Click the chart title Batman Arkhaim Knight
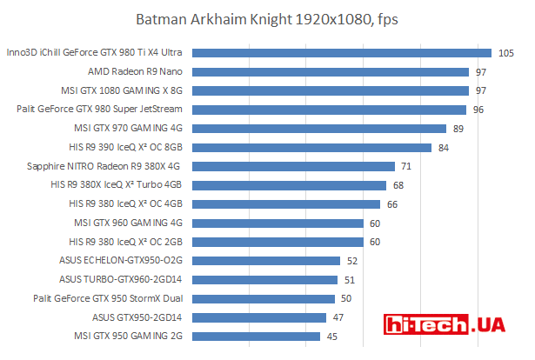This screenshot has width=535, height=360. [267, 19]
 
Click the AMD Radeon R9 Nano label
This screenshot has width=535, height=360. [135, 71]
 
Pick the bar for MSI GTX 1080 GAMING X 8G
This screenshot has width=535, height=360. [330, 90]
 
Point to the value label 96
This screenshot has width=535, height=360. [478, 110]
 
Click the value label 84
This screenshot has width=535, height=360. [443, 147]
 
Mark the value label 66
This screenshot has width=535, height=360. [391, 203]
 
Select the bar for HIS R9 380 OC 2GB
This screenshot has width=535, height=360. [278, 242]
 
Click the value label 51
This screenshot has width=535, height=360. [349, 279]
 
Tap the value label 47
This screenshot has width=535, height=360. [338, 317]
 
